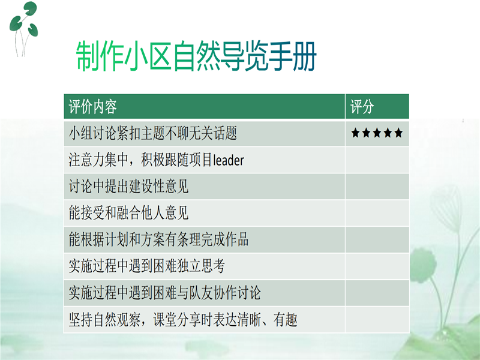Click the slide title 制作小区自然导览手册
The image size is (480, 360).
point(196,56)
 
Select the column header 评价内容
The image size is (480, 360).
point(93,107)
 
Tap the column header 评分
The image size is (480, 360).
point(362,107)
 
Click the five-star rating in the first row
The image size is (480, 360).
point(377,133)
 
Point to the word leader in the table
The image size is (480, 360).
point(229,160)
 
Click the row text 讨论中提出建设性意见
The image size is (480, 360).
point(129,187)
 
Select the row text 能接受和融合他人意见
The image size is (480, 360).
point(129,213)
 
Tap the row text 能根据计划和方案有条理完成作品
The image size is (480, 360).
point(159,240)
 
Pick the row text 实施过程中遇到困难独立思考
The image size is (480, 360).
point(147,266)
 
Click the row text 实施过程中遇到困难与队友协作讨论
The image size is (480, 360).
point(165,293)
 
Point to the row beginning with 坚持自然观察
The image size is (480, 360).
point(183,320)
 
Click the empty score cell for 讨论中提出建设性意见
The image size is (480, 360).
point(377,187)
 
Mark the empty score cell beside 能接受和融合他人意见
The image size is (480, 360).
point(377,213)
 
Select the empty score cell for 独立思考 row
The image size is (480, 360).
point(377,266)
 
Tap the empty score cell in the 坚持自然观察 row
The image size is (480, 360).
point(377,320)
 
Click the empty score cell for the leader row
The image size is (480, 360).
point(377,160)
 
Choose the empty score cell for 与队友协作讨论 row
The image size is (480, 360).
point(377,293)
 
